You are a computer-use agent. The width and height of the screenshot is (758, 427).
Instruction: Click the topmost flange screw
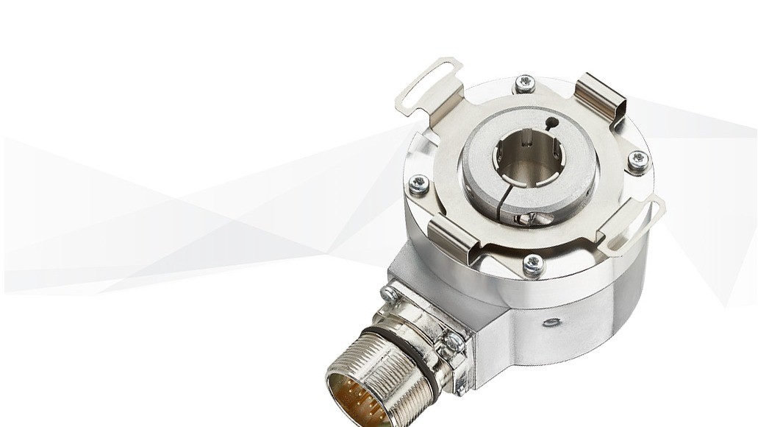click(524, 84)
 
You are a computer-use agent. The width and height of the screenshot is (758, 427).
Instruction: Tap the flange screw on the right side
click(638, 160)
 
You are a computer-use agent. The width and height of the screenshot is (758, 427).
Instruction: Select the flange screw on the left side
click(418, 184)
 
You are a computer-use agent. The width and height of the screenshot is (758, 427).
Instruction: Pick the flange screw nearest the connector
click(534, 265)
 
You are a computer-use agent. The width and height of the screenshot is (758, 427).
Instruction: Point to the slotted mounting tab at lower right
click(634, 222)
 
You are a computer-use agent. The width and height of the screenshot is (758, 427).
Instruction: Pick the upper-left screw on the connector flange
click(389, 294)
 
